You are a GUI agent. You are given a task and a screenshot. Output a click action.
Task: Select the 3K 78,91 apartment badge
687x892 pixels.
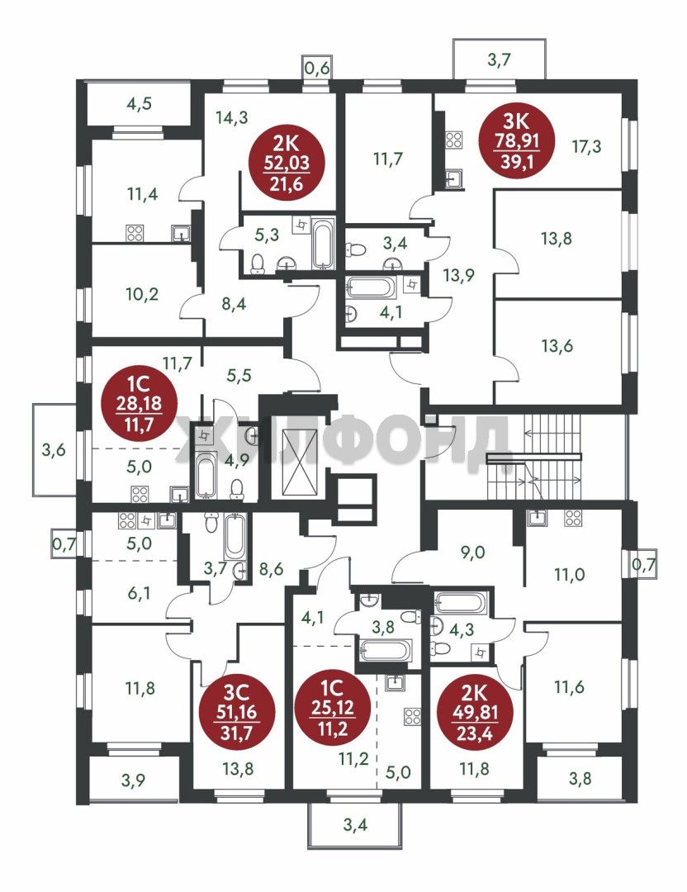point(517,140)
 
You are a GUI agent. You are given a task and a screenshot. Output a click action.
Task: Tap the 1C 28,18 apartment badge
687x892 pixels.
point(139,403)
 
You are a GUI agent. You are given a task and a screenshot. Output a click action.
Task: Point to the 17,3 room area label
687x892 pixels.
point(586,147)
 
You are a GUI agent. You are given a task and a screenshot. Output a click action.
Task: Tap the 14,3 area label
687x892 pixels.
point(231,118)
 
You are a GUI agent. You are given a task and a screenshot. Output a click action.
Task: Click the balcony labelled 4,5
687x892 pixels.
point(139,103)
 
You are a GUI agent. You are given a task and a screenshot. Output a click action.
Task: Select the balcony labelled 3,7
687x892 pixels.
point(500,59)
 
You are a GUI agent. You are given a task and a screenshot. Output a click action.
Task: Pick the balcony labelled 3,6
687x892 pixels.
point(54,450)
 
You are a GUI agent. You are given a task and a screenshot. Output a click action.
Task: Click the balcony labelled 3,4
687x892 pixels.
point(355,824)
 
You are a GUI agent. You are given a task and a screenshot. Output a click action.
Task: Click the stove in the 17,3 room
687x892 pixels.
point(454,140)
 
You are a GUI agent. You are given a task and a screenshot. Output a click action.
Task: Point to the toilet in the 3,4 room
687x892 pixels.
point(356,249)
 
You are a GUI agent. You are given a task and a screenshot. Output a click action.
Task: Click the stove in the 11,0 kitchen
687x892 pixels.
point(573,518)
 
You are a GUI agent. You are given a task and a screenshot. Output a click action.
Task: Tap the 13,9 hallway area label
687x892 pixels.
point(458,275)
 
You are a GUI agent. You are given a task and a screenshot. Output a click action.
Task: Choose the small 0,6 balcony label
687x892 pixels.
point(317,69)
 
